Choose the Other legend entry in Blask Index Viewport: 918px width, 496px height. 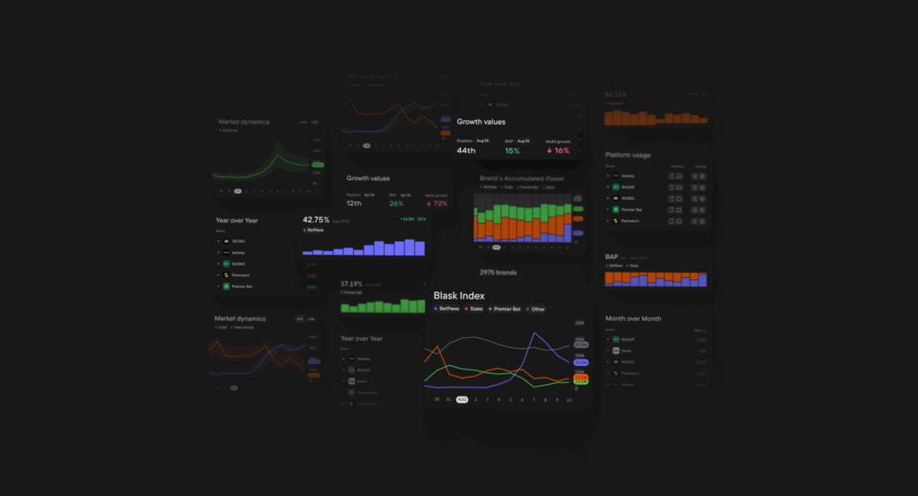(535, 309)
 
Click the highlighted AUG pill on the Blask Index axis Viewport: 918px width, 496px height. (462, 399)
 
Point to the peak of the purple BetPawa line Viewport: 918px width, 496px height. (535, 334)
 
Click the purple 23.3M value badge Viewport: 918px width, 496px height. (581, 362)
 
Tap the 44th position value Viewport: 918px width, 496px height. (466, 151)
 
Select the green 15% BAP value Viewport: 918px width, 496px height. (512, 151)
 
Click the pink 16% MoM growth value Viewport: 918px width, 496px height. (558, 151)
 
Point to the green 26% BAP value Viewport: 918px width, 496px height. (396, 204)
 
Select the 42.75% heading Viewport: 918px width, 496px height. (316, 220)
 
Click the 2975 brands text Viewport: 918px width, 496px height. (498, 272)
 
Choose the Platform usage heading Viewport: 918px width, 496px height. (628, 155)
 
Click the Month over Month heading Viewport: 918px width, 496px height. (633, 318)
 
